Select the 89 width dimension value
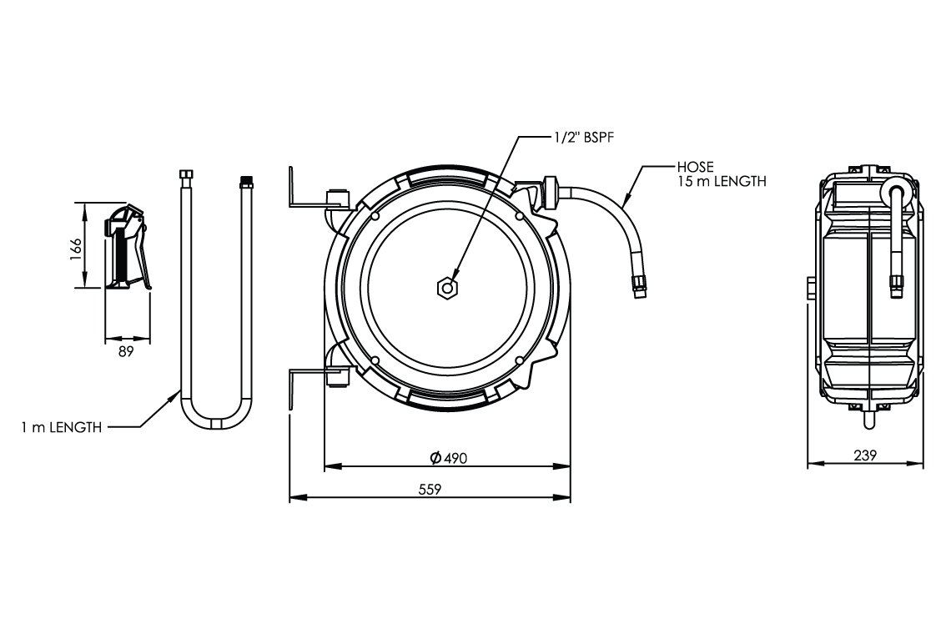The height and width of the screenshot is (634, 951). [126, 352]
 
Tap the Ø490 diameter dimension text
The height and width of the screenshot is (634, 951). [448, 458]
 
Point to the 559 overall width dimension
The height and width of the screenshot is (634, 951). [430, 490]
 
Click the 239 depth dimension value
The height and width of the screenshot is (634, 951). [864, 456]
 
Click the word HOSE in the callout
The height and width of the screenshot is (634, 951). [695, 167]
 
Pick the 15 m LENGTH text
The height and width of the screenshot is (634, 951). [722, 181]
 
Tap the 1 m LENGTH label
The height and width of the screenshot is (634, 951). [62, 427]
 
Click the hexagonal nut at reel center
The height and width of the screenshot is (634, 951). [447, 288]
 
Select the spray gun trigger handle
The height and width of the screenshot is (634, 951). [143, 254]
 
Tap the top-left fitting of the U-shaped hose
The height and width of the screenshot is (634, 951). [185, 177]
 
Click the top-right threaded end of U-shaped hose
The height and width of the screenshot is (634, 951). [246, 179]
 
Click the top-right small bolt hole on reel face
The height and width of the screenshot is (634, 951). [519, 217]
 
